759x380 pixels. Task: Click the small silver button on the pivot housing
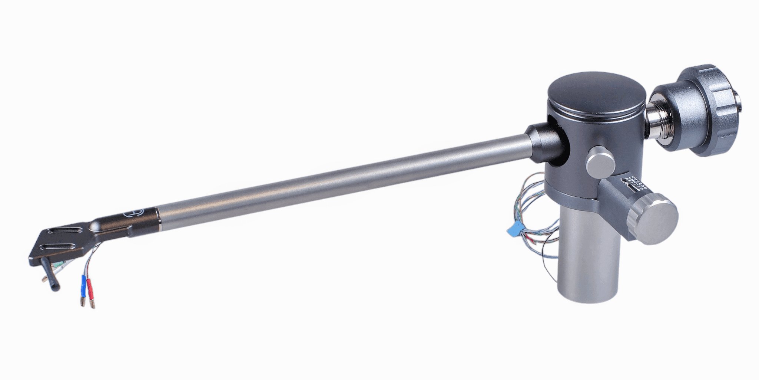coord(601,161)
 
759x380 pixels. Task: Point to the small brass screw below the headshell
coord(44,278)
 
